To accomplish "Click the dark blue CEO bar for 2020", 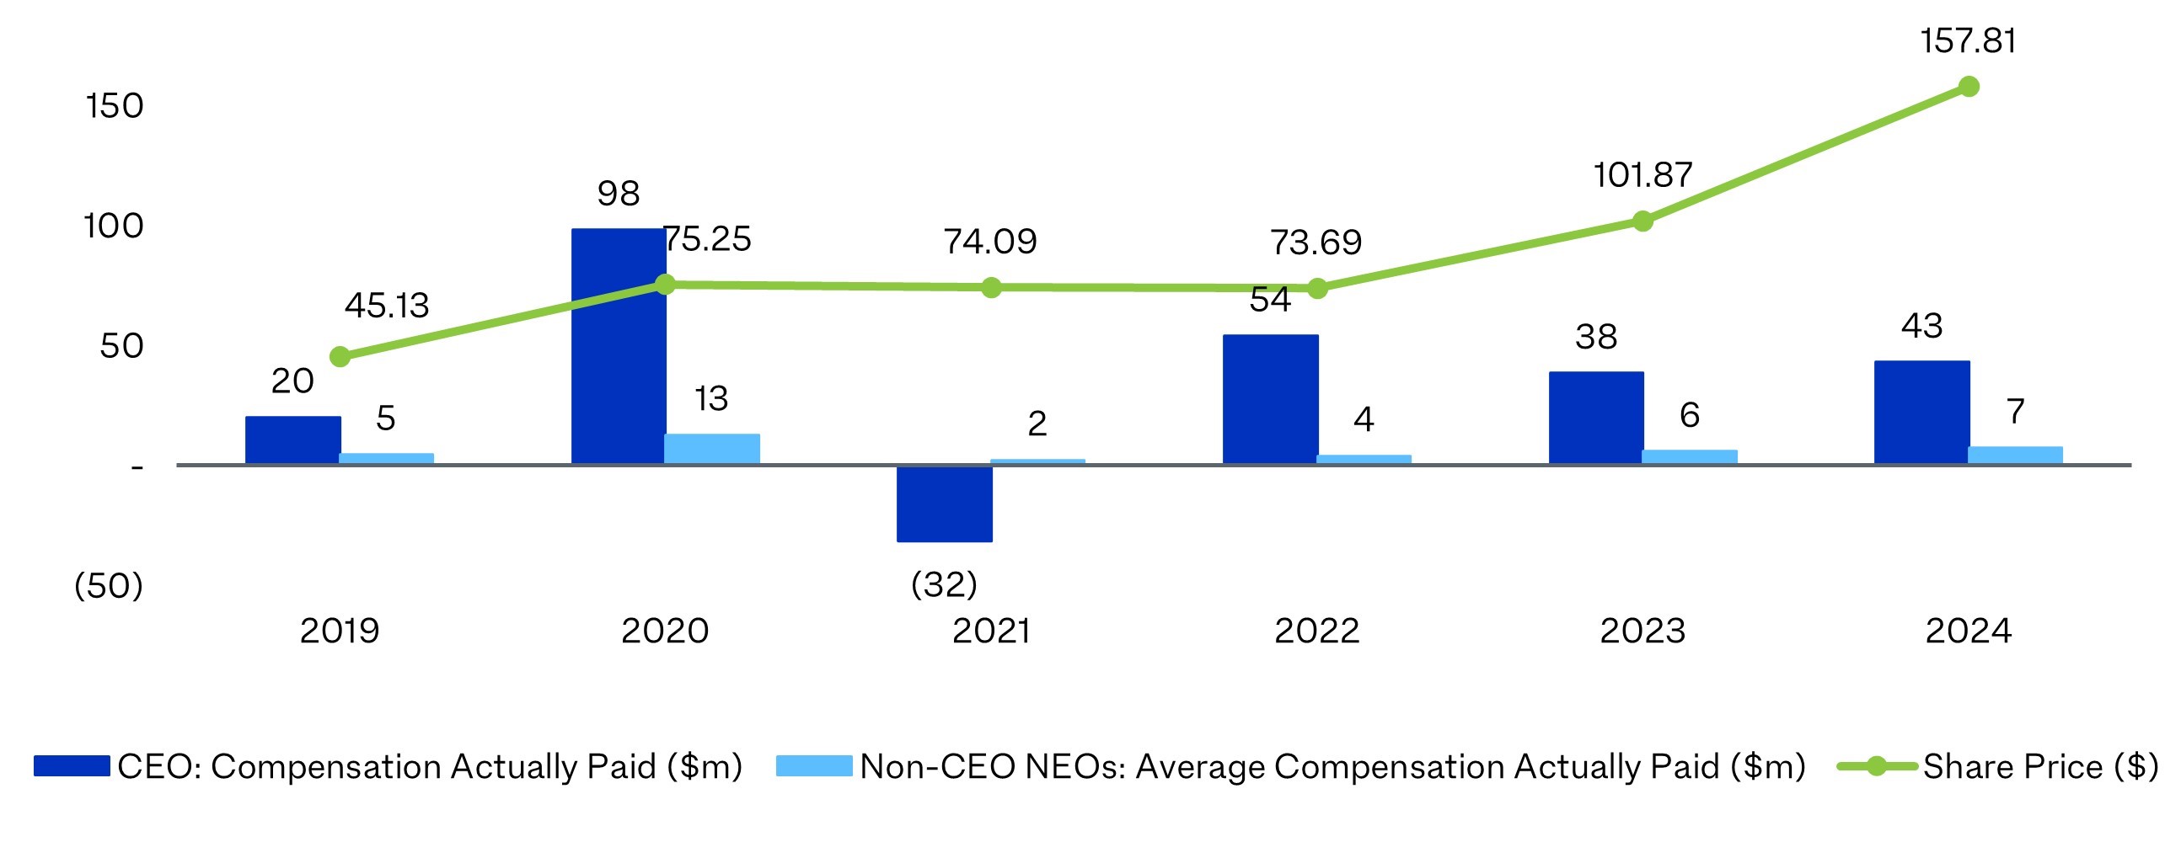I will (x=618, y=347).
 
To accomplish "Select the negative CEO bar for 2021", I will (x=944, y=504).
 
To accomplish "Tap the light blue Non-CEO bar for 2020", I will (x=711, y=449).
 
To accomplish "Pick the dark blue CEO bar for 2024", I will (x=1922, y=412).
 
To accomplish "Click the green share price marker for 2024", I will (x=1969, y=87).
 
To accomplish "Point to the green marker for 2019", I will (x=340, y=356).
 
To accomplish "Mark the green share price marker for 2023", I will (x=1642, y=221).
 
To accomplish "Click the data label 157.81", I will (x=1968, y=40).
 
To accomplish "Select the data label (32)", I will (x=944, y=584).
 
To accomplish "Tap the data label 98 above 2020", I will (x=618, y=194).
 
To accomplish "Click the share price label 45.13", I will (x=387, y=306).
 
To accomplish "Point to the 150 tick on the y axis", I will (x=115, y=107).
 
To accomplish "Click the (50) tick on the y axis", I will (x=109, y=585).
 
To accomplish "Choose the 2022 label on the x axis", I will (x=1316, y=631).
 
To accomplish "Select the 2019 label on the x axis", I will (x=340, y=631).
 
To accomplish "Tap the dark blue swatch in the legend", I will (x=72, y=766).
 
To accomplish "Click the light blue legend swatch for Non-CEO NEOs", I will (x=813, y=766).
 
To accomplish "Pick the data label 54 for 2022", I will (x=1270, y=301).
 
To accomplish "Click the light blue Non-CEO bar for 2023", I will (x=1689, y=456).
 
